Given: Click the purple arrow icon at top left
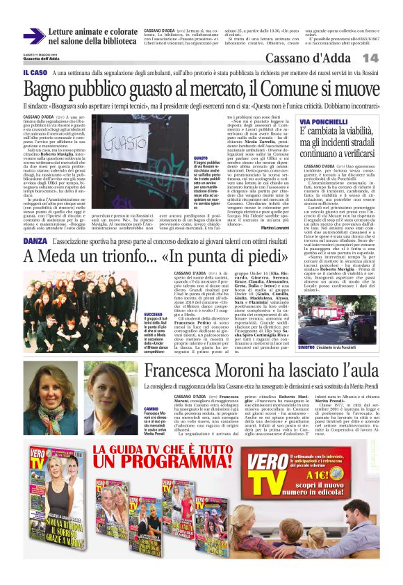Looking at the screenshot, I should (34, 36).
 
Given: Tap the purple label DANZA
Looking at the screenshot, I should (35, 240).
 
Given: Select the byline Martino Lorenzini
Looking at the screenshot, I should (279, 229).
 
